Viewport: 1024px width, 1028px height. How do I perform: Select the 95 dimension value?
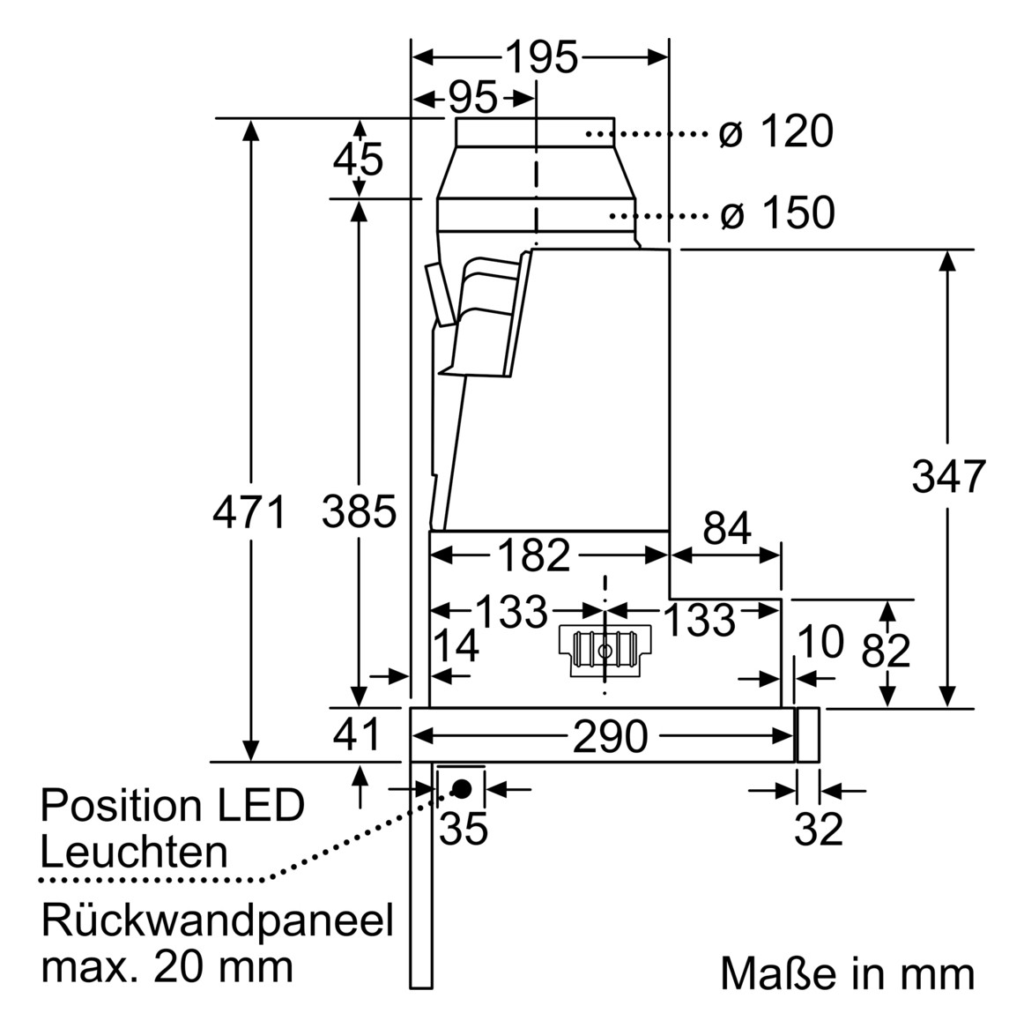473,98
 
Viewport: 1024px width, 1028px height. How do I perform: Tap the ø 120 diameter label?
775,133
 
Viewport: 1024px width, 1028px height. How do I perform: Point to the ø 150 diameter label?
776,213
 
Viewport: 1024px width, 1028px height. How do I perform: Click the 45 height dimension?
359,160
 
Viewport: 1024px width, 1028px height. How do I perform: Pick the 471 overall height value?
250,512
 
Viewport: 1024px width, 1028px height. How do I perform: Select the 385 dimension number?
359,511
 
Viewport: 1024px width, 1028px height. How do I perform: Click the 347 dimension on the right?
948,477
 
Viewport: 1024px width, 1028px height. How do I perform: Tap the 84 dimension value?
727,529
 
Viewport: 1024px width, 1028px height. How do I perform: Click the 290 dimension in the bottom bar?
611,736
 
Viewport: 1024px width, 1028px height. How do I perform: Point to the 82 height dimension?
886,651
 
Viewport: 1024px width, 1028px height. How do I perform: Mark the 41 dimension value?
359,734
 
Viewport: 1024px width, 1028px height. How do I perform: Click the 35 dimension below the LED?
464,828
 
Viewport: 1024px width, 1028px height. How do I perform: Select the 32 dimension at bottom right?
820,829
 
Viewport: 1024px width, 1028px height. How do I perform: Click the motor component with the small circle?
604,652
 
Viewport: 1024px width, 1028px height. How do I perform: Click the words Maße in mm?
847,974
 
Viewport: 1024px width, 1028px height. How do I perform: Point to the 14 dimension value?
458,645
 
